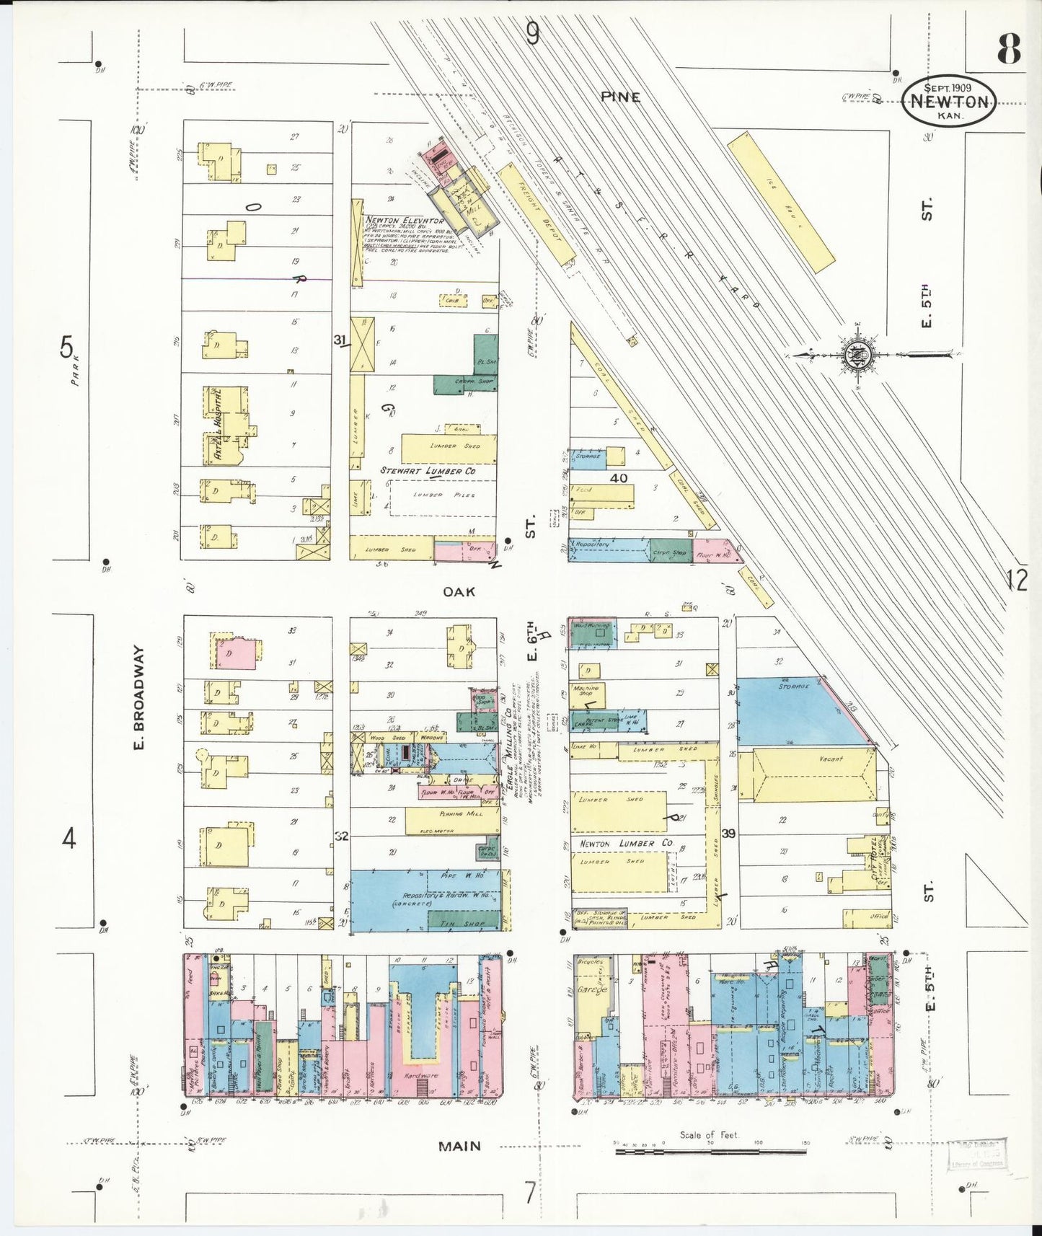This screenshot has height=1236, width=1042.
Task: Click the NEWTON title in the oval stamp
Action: [949, 102]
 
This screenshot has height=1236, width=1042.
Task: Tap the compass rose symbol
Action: [858, 355]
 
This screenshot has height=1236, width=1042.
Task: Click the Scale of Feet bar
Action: [710, 1151]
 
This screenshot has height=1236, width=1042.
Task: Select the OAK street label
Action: [459, 591]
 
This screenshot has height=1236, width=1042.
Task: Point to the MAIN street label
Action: [459, 1146]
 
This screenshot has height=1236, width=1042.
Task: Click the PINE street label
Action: [620, 97]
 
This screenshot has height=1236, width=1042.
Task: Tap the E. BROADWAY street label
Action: [139, 697]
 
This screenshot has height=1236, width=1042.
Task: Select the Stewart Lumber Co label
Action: [428, 471]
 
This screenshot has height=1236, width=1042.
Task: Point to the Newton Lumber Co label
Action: [626, 843]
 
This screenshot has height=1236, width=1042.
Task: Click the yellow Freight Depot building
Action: [538, 214]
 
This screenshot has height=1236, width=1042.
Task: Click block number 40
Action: [618, 477]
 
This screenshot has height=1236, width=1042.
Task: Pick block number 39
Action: [728, 834]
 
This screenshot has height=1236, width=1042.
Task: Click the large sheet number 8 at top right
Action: [1008, 49]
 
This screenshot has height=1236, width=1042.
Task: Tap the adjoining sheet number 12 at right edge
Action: [1017, 580]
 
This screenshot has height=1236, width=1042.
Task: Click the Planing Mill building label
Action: [452, 813]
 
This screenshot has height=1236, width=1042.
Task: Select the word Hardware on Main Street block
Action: [421, 1076]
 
